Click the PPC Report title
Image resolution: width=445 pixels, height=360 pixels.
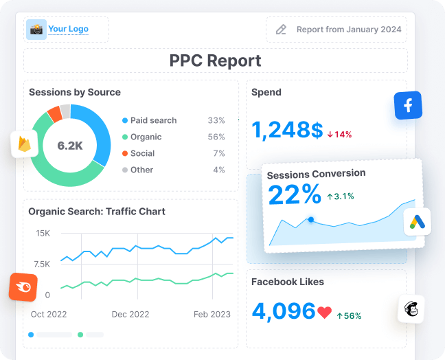(215, 60)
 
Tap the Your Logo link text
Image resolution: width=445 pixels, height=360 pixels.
(68, 29)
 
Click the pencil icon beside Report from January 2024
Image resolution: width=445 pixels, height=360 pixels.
(281, 30)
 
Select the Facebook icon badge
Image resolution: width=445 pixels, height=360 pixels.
(408, 106)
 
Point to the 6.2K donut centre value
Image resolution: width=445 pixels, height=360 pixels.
(70, 146)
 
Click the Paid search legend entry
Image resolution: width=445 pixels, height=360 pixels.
(153, 120)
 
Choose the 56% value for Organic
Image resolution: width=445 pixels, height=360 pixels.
(216, 137)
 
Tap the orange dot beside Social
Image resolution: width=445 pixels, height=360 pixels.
(124, 153)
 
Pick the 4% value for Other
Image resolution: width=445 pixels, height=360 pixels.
(218, 170)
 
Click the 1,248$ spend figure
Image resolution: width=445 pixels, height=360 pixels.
(287, 130)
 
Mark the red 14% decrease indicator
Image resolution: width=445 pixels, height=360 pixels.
(339, 134)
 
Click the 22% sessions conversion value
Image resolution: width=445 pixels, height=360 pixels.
(295, 195)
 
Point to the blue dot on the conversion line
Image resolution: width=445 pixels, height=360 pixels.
(311, 220)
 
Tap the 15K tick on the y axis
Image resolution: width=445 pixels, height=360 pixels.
(43, 234)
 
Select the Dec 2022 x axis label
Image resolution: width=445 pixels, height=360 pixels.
(130, 314)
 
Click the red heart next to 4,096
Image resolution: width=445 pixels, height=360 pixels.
(325, 313)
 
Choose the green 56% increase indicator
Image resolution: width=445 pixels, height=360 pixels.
(349, 315)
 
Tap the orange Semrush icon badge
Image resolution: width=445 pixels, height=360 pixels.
(23, 286)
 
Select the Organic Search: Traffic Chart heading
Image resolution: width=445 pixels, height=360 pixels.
(97, 212)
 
